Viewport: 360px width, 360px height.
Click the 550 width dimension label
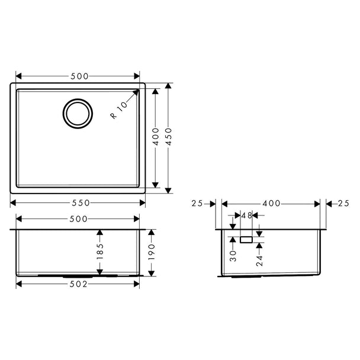point(81,203)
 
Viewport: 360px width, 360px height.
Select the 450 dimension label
point(169,137)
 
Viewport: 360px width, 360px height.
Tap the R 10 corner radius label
point(118,110)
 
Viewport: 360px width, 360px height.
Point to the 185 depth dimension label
point(100,252)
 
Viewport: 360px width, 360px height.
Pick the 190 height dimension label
point(152,252)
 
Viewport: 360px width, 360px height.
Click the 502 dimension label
point(79,284)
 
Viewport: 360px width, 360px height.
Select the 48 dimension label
point(247,216)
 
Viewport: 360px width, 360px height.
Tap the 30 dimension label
point(233,256)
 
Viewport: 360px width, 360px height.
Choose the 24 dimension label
point(259,261)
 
